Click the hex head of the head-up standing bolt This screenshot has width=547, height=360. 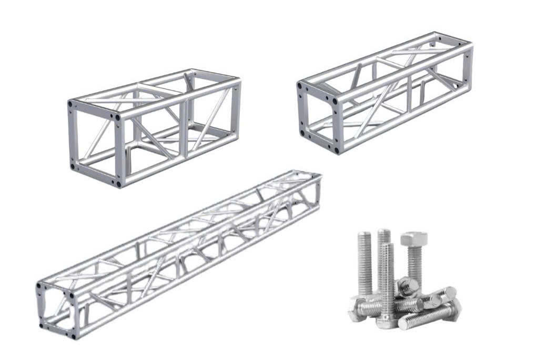413,239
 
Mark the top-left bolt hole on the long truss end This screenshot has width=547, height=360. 39,287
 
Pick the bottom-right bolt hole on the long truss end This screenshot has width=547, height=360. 73,333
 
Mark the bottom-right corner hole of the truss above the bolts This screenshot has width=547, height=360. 336,151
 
